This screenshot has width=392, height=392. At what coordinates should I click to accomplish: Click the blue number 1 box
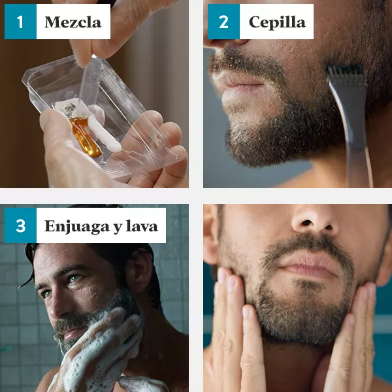[20, 22]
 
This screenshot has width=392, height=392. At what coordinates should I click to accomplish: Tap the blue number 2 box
[223, 22]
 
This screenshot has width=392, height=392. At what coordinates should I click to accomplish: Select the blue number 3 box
[20, 225]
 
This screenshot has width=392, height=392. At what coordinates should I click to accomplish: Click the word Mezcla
[73, 22]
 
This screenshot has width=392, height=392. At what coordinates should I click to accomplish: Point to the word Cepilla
[277, 23]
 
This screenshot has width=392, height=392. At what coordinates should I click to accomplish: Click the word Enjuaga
[77, 227]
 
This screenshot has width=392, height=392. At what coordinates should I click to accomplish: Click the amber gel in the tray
[86, 137]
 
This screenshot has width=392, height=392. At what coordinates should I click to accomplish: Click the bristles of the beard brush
[346, 71]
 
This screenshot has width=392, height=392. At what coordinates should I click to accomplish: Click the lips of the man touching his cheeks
[310, 265]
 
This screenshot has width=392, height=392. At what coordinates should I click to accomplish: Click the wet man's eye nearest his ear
[74, 278]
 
